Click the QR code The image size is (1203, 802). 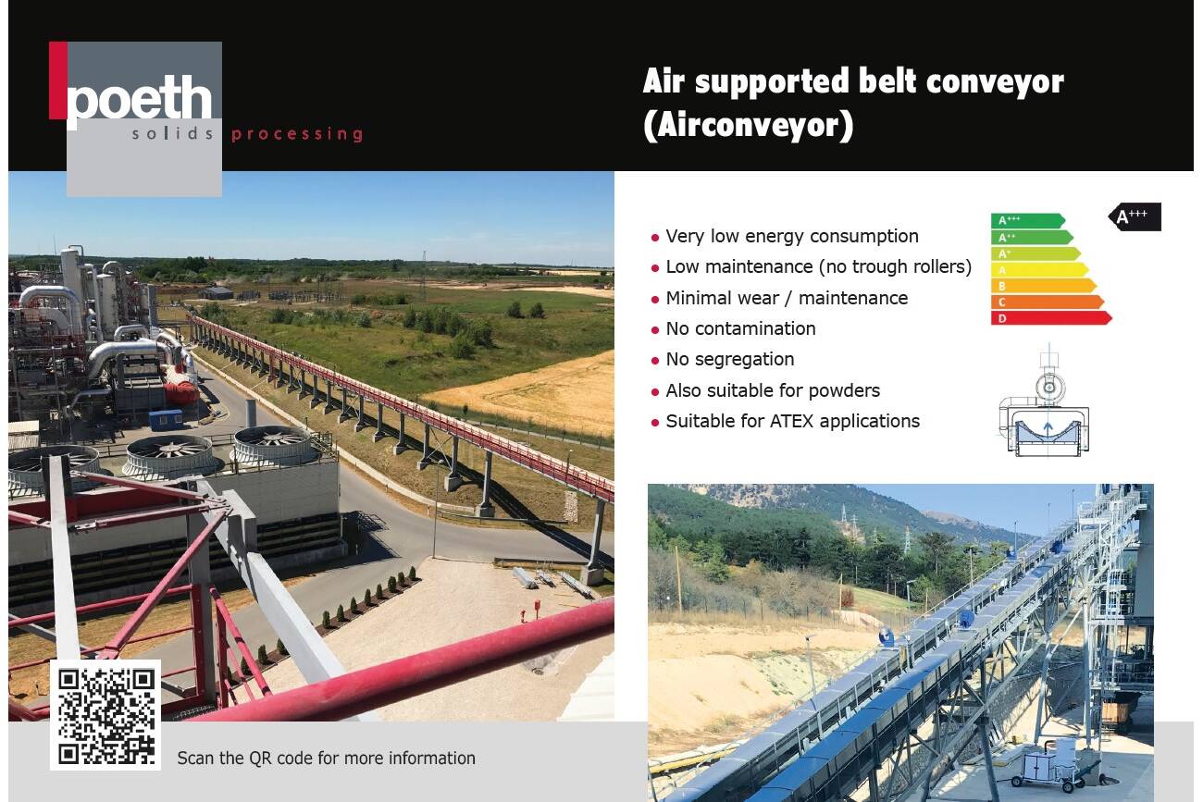(x=105, y=716)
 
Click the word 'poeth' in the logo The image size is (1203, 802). (x=139, y=99)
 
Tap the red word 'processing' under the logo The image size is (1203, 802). (x=297, y=133)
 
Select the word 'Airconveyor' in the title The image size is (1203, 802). (x=749, y=125)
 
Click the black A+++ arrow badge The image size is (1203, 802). (x=1135, y=216)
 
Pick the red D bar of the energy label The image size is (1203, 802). (x=1051, y=318)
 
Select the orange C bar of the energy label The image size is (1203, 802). (x=1048, y=302)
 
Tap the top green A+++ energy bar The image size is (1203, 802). (x=1028, y=221)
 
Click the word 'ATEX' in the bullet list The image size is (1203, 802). (x=792, y=422)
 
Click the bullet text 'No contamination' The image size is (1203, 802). (x=740, y=328)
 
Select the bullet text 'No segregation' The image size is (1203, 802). (x=730, y=359)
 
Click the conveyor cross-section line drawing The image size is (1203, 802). (x=1044, y=401)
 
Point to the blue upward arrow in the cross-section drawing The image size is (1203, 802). (x=1048, y=429)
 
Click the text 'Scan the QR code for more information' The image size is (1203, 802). (x=326, y=758)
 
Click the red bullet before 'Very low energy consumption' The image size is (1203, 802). (x=654, y=238)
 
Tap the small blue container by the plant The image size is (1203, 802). (x=166, y=420)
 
